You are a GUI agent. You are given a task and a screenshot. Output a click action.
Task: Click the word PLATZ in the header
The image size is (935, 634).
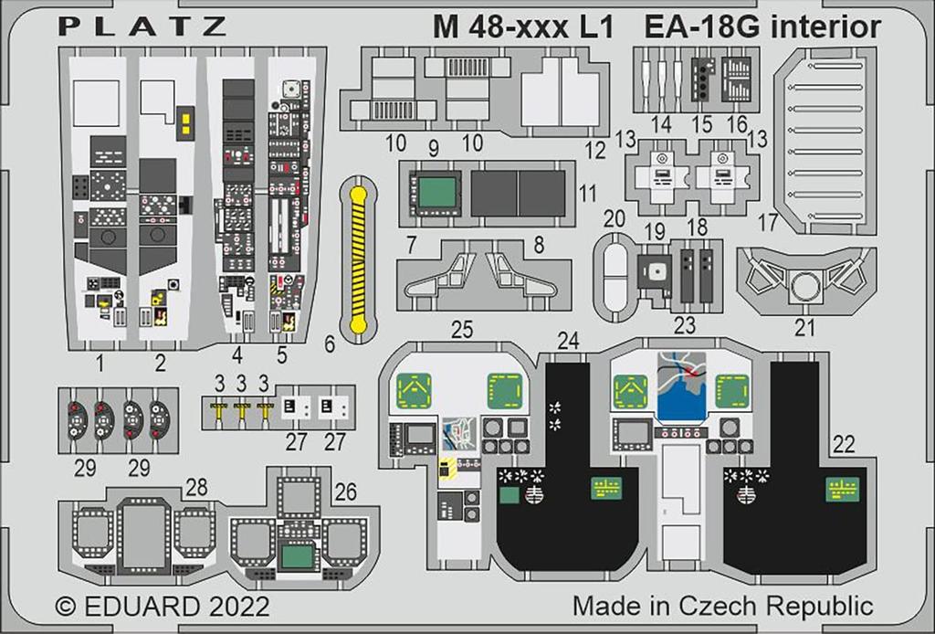point(142,26)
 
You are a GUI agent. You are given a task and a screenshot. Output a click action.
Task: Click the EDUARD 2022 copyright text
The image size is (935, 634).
point(163,608)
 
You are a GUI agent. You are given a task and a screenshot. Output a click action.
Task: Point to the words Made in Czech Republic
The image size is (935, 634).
point(723,606)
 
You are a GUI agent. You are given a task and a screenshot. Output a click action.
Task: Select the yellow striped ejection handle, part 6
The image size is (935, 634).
point(358,259)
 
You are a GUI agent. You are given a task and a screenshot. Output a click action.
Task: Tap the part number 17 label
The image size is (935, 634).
point(768,221)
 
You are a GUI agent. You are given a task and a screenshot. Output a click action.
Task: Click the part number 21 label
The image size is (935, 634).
point(804,327)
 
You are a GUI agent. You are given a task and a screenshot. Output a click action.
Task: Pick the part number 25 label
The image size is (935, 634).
point(462,330)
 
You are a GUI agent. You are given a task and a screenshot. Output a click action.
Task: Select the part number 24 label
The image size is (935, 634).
point(569,341)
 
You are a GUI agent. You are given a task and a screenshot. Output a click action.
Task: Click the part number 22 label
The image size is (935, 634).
point(844,443)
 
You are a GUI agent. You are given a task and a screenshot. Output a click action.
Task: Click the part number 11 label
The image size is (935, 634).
point(588,193)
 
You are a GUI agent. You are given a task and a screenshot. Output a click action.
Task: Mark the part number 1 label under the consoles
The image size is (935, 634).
point(101,364)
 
